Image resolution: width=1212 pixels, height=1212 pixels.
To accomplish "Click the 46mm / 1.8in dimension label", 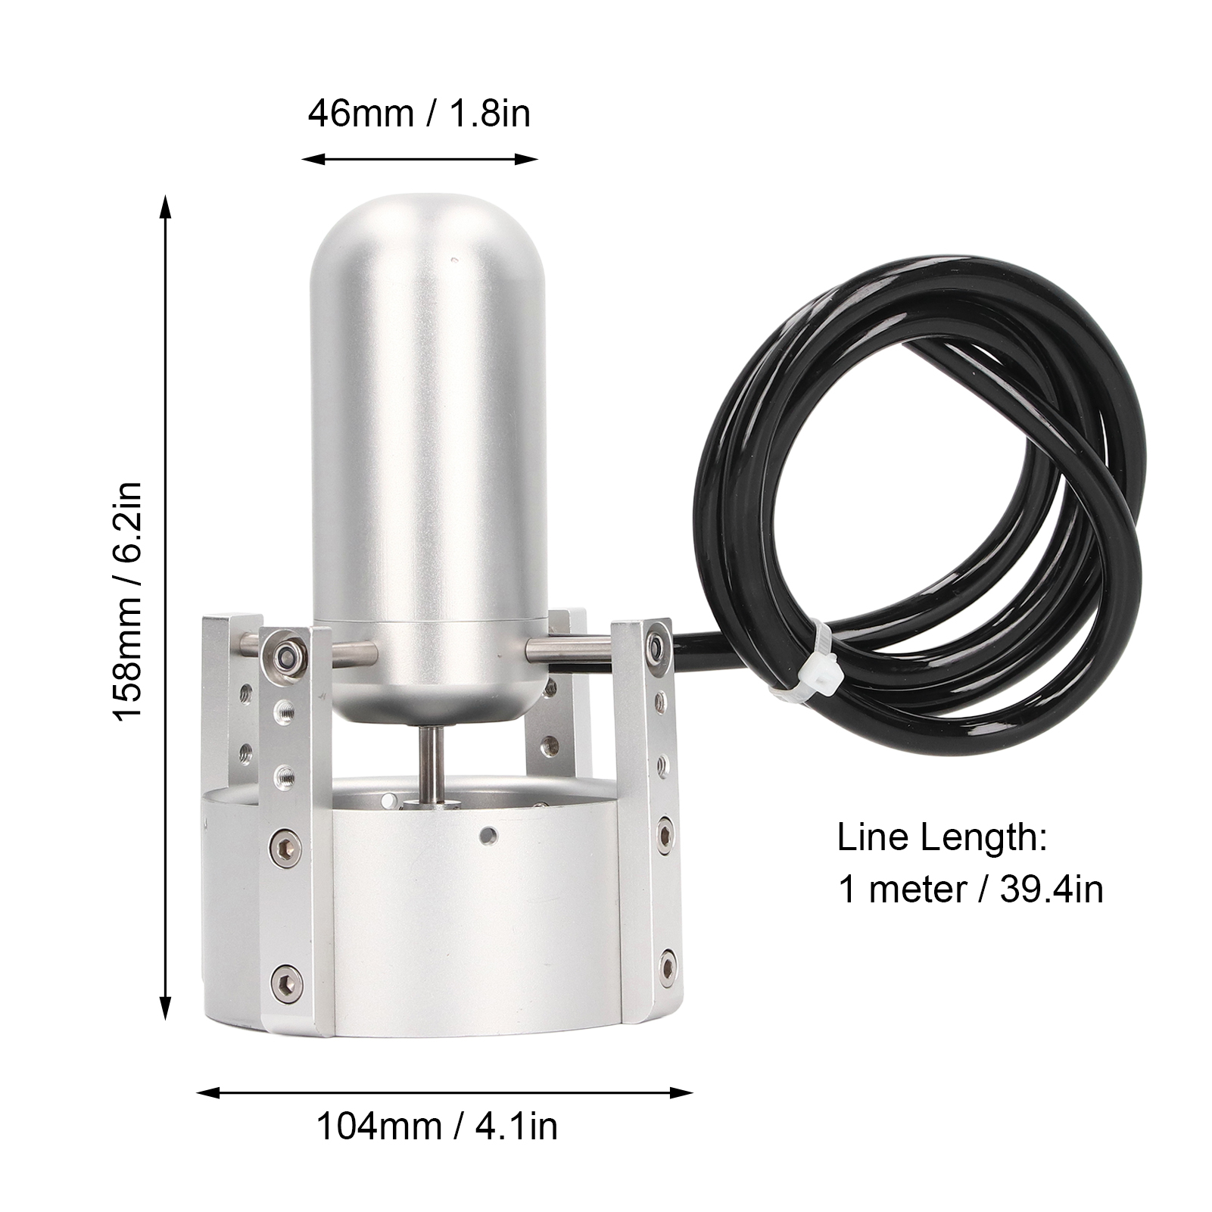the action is point(419,114).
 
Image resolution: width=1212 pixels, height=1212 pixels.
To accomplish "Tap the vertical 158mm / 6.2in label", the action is point(128,601).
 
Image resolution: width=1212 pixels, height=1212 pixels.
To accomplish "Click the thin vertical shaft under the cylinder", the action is point(429,765).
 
